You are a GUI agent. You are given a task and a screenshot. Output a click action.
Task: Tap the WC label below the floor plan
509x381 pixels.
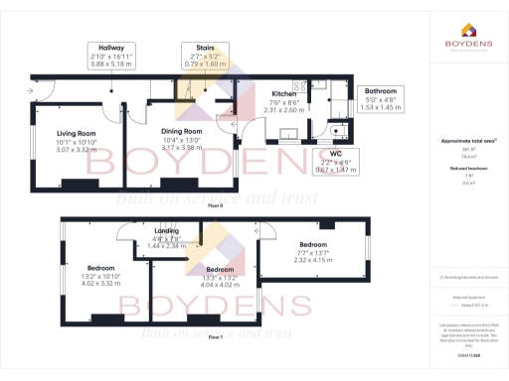336,154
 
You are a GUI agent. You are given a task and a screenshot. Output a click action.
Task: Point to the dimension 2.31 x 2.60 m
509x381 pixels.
285,111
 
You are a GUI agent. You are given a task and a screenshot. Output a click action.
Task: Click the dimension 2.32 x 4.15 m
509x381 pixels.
313,260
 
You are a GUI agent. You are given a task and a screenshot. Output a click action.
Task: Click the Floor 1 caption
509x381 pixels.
215,337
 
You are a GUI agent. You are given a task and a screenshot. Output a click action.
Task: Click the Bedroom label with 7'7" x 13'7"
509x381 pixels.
313,244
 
